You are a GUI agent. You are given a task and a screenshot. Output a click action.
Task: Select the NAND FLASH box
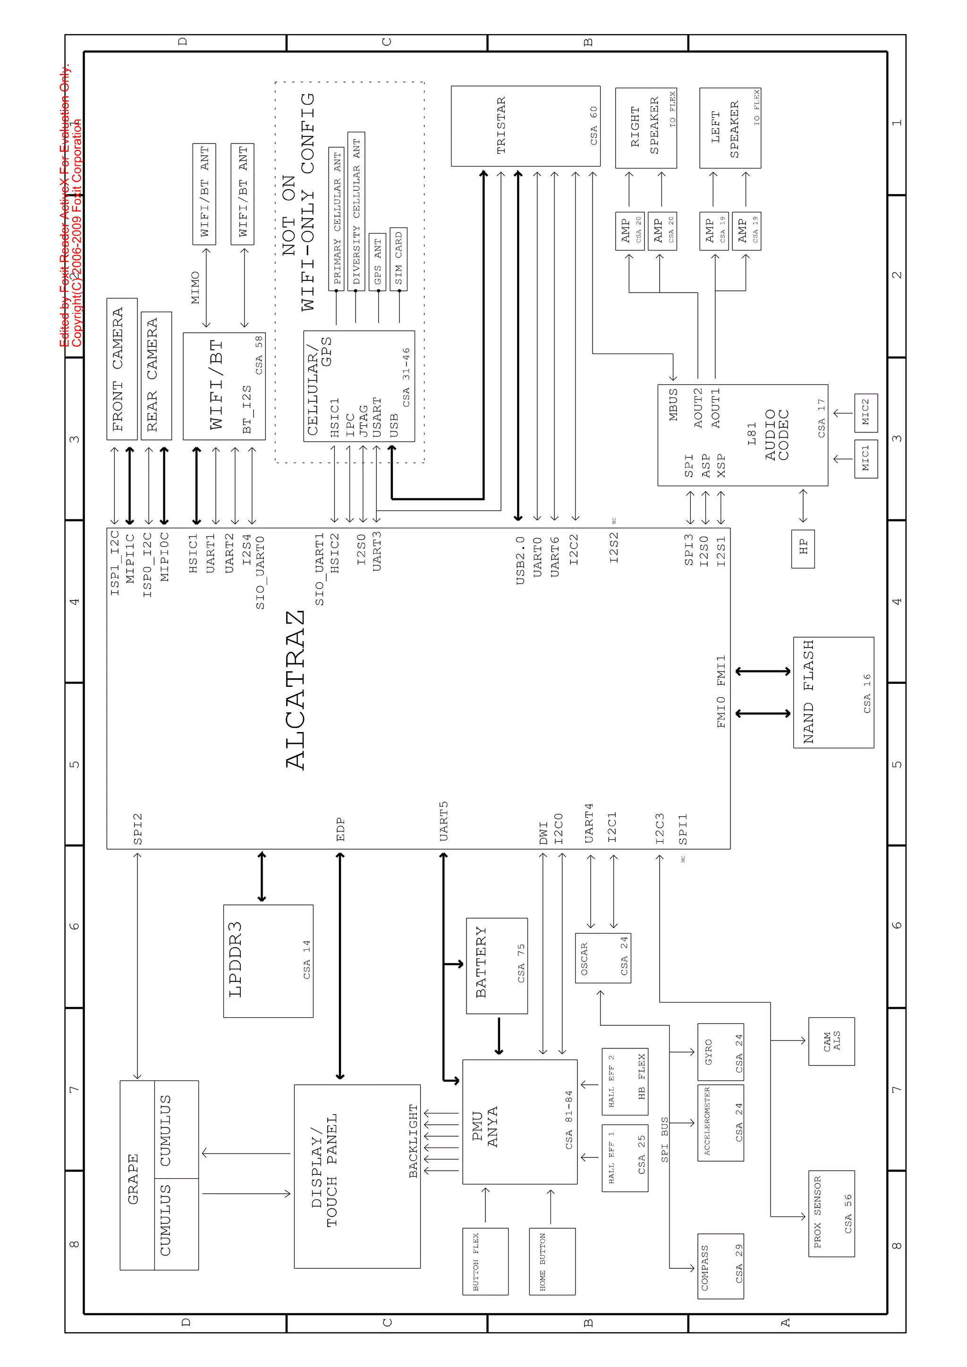[833, 692]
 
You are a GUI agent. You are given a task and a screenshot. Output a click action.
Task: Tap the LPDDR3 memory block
[268, 961]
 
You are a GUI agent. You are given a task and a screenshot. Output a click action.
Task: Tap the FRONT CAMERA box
[121, 369]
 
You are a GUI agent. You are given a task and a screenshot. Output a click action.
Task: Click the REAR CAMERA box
[156, 376]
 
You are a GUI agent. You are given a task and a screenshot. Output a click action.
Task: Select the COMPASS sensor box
[721, 1266]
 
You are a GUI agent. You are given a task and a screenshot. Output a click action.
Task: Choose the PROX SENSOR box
[831, 1214]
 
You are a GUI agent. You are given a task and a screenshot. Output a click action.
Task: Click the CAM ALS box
[831, 1041]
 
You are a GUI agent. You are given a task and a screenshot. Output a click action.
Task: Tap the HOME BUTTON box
[552, 1261]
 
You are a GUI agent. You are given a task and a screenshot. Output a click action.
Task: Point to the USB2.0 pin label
[520, 560]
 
